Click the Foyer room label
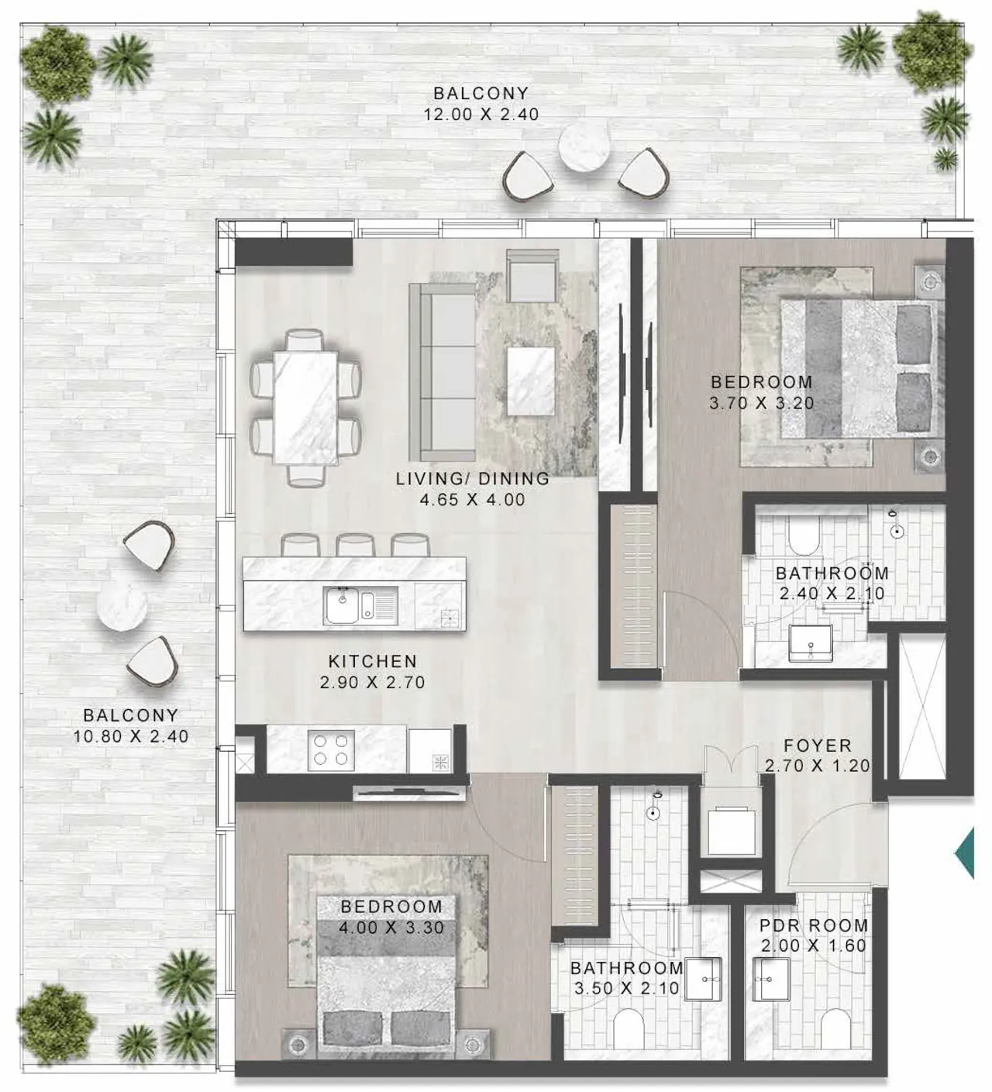click(817, 746)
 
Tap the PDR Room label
click(814, 925)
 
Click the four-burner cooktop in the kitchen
click(330, 749)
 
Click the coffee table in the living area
click(531, 381)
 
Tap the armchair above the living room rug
click(532, 275)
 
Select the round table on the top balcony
click(583, 147)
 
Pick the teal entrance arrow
click(964, 853)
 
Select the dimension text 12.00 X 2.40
click(481, 115)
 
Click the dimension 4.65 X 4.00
click(472, 499)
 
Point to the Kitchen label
click(373, 661)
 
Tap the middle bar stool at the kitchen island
click(355, 546)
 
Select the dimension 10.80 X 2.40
click(131, 736)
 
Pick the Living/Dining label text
click(473, 478)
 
